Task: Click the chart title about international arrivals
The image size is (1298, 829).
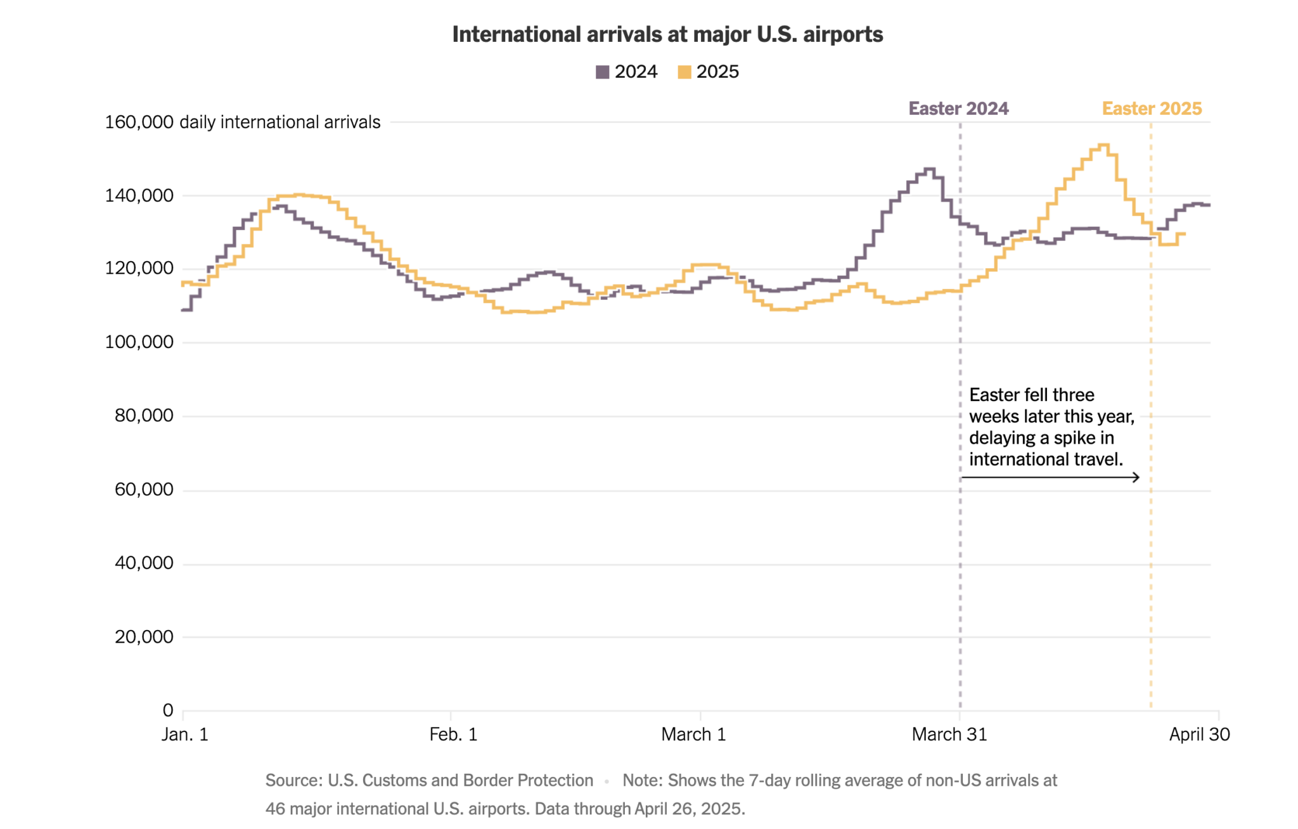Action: tap(667, 34)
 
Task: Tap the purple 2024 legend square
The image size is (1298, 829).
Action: tap(602, 72)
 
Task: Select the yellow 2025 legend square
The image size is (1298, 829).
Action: tap(684, 72)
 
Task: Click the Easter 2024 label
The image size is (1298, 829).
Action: tap(958, 108)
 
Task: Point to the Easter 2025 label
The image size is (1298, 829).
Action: tap(1152, 108)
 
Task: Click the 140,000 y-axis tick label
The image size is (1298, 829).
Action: tap(139, 195)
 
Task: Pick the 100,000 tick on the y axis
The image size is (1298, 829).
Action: tap(139, 342)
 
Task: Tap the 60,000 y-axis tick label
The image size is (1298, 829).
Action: tap(144, 489)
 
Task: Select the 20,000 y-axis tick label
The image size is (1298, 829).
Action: tap(144, 636)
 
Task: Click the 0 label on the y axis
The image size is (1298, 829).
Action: tap(168, 710)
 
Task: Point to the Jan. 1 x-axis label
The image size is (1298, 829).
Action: tap(184, 735)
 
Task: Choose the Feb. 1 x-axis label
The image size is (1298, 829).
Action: tap(453, 735)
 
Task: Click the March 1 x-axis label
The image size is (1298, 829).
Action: tap(693, 735)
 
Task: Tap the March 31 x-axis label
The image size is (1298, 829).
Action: tap(949, 735)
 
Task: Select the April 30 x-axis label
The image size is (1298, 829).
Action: tap(1199, 735)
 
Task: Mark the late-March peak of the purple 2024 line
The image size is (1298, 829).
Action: tap(930, 169)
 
